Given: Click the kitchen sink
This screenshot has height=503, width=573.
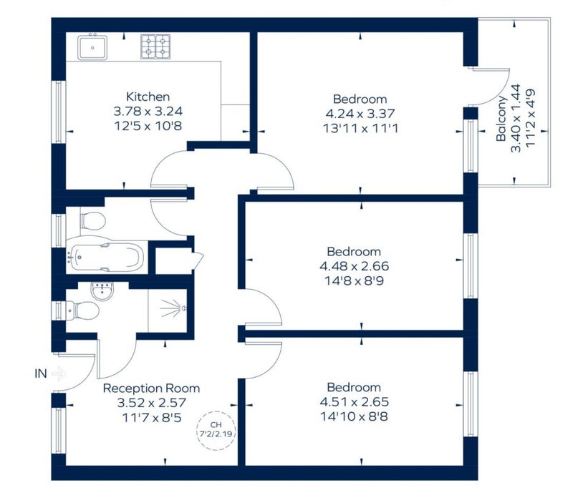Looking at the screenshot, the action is point(92,47).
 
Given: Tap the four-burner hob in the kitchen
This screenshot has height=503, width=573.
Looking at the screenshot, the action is point(155,47).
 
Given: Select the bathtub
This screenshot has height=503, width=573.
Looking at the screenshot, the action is point(107,258).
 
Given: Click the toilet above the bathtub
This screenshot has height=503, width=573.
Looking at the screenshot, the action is point(93,221).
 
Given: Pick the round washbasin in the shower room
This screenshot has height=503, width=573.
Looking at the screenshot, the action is point(102,291).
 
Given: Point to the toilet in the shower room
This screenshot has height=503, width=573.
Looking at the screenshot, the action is point(82,311).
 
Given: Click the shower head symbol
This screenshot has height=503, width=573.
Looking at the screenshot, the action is point(173,309).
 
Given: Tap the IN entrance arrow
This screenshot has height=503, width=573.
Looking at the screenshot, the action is point(59,373).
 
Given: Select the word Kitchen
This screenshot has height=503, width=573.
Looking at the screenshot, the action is point(148,97).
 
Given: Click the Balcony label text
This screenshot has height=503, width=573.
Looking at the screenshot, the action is point(501,118).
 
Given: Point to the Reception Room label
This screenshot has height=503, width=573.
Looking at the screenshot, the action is point(151,388).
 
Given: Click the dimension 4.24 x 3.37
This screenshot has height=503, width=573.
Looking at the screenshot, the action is point(360,114).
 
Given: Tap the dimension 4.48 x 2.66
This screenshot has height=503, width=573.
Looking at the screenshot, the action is point(354,266).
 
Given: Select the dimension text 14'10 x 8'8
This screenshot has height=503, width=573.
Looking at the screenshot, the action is point(354,416).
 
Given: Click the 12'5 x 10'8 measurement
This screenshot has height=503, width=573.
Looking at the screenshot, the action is point(148,126).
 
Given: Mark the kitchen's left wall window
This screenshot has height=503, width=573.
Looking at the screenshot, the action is point(59,112).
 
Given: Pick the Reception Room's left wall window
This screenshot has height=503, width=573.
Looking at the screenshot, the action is point(59,430).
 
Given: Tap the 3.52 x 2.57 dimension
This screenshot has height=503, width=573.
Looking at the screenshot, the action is point(152,403).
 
